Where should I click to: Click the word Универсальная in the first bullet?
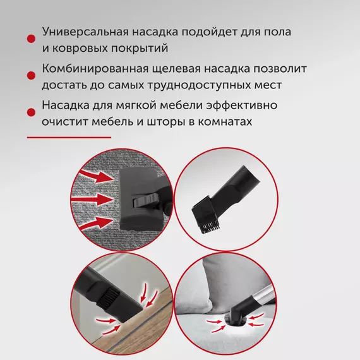[x=85, y=32]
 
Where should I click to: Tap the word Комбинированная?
[x=95, y=68]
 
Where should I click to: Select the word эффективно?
[x=241, y=105]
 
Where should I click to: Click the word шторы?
[x=166, y=122]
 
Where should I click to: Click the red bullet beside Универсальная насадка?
[x=31, y=39]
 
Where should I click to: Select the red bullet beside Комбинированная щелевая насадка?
[x=31, y=76]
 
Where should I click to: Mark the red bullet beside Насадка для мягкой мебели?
[x=31, y=112]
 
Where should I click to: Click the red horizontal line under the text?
[x=69, y=138]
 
